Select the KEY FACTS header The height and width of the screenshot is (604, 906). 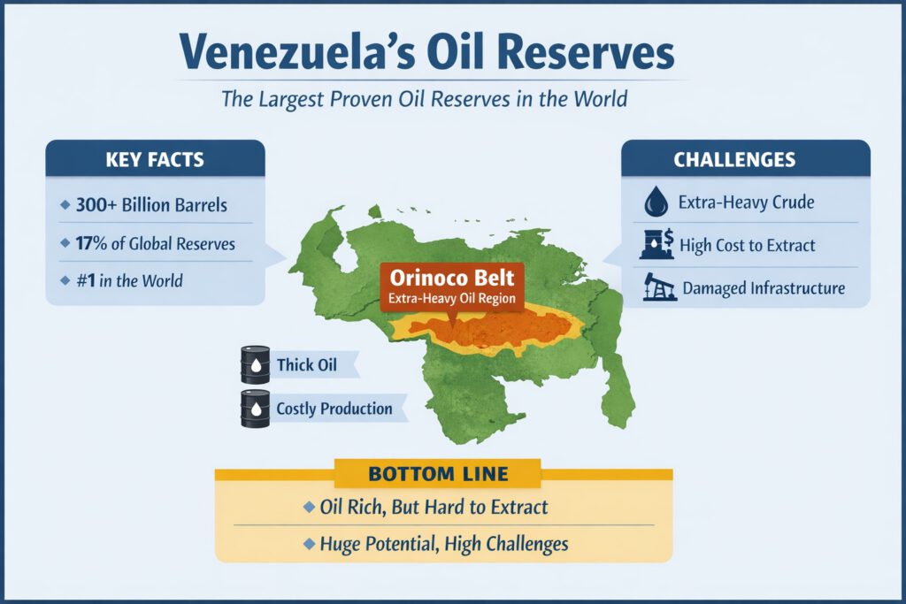pos(154,160)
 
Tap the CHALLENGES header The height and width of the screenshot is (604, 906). pos(746,160)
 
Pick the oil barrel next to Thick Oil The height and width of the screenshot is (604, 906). pos(255,363)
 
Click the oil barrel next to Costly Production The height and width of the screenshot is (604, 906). pos(255,409)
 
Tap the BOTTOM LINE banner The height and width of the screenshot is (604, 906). pos(438,474)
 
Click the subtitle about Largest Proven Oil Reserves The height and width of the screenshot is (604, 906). pos(424,97)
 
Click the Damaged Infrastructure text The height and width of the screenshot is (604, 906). pos(764,288)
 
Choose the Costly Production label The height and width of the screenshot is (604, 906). pos(334,409)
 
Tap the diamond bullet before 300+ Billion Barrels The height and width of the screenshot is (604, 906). pos(65,206)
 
